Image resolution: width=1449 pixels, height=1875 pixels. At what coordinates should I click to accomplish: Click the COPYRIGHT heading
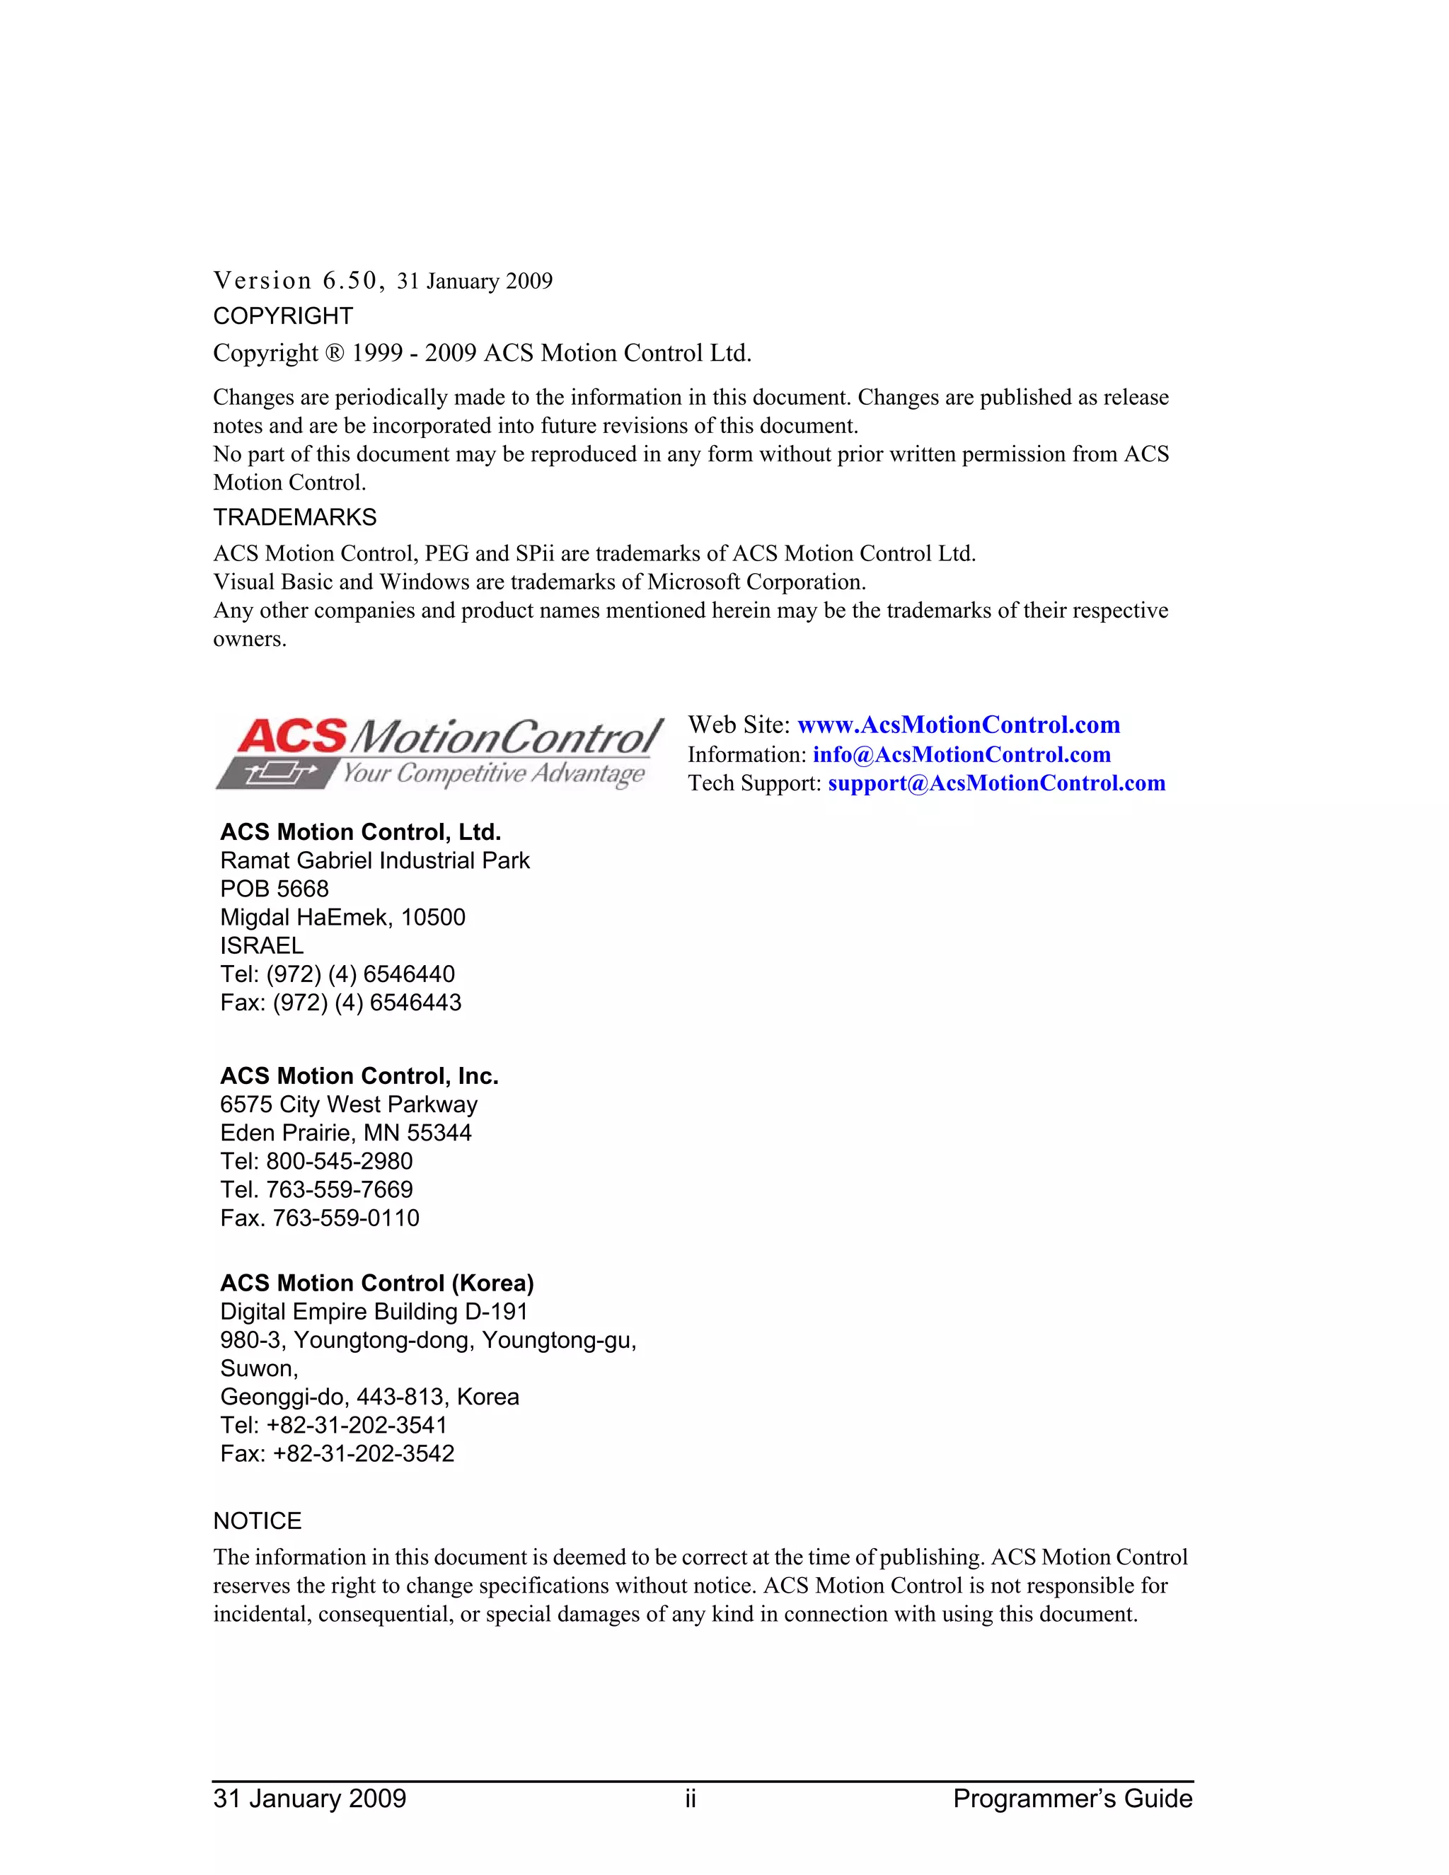pyautogui.click(x=282, y=316)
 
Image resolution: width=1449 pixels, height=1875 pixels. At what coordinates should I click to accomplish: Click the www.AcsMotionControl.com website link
pyautogui.click(x=958, y=725)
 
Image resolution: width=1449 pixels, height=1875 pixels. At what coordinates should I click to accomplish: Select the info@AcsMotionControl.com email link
pyautogui.click(x=962, y=755)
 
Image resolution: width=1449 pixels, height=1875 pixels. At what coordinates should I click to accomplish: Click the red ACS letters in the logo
pyautogui.click(x=292, y=737)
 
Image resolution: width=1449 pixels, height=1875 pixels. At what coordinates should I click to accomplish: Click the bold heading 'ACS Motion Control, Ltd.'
pyautogui.click(x=361, y=832)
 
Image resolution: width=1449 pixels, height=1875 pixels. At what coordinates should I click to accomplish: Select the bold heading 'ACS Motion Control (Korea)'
pyautogui.click(x=377, y=1283)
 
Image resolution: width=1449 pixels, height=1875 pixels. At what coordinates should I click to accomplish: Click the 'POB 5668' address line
pyautogui.click(x=275, y=889)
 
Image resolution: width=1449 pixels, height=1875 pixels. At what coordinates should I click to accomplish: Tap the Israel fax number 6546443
pyautogui.click(x=415, y=1002)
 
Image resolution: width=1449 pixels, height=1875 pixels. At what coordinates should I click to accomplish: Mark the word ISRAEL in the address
pyautogui.click(x=262, y=945)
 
